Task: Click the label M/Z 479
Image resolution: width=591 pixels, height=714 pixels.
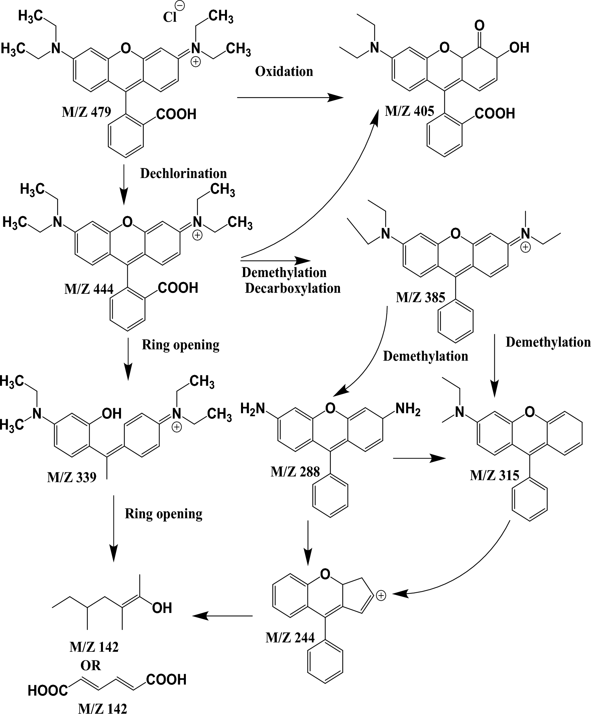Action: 86,112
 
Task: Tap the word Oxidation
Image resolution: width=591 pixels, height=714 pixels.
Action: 284,71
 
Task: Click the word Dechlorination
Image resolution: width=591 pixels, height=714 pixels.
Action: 184,174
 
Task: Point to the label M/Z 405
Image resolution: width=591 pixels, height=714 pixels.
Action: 409,111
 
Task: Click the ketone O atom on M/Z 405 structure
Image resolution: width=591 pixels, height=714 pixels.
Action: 479,25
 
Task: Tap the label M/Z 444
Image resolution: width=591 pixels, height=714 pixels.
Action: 89,289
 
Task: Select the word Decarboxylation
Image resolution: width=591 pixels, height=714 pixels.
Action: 292,288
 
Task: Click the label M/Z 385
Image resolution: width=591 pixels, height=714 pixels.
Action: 420,298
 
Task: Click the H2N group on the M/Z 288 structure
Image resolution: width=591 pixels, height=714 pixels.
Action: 253,408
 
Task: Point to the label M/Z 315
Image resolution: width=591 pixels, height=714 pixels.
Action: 494,475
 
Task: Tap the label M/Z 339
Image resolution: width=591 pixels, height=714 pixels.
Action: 72,477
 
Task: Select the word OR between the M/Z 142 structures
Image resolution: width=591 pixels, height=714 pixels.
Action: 90,665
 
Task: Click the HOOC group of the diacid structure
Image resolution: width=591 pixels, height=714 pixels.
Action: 48,691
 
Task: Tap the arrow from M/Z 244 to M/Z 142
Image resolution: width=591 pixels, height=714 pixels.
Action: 223,616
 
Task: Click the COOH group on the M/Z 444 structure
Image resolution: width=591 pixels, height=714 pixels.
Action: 178,288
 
